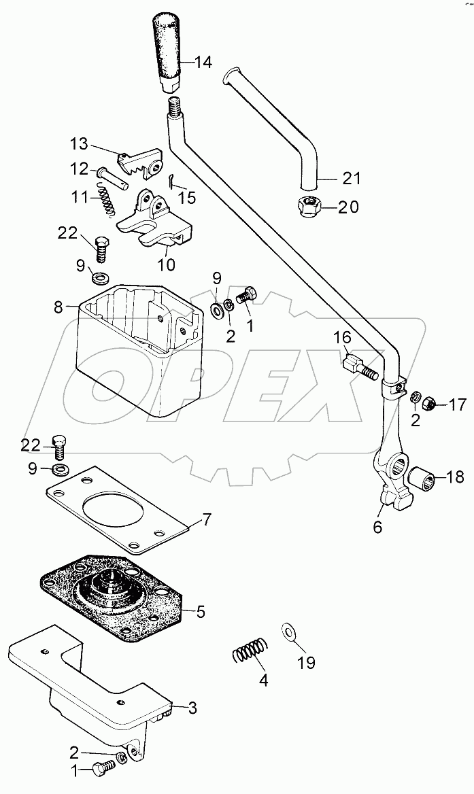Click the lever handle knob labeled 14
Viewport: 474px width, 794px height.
167,51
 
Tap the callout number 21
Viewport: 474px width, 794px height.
351,179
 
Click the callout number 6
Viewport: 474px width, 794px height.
377,527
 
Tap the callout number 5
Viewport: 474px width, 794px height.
201,612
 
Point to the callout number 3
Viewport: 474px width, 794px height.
192,708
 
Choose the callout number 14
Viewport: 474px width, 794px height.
203,63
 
